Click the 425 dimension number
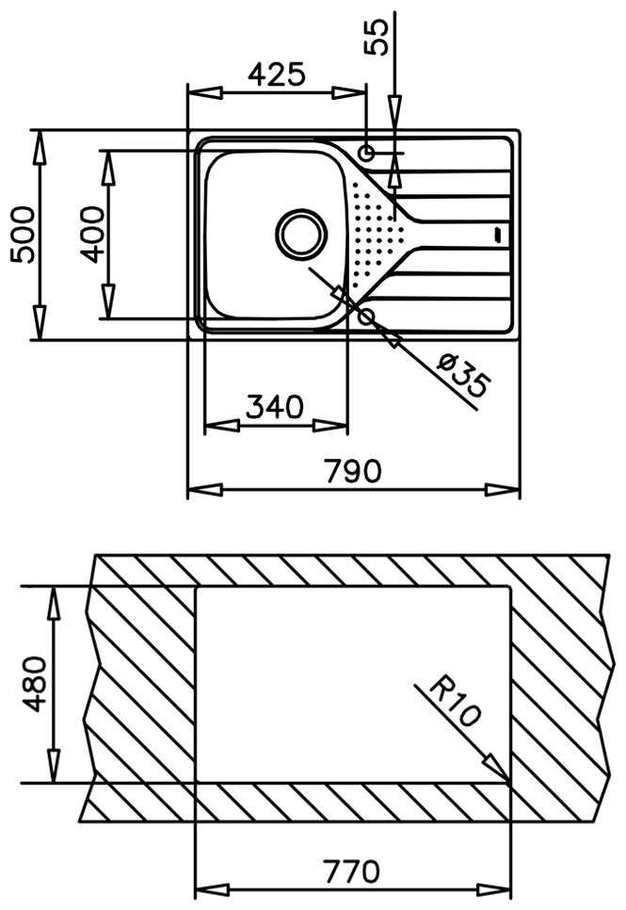point(277,74)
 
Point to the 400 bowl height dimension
point(90,234)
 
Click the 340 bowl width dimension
point(274,407)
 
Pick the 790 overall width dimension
point(353,470)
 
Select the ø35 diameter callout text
point(464,375)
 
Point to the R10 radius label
point(454,702)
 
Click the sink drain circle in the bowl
point(301,233)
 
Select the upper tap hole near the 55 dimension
point(367,153)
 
